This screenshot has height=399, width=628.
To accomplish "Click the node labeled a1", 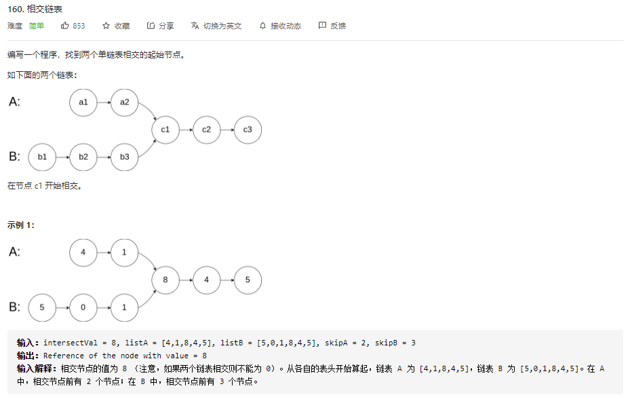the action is [83, 102].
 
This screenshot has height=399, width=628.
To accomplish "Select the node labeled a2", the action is [125, 102].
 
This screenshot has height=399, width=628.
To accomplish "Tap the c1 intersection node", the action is [165, 129].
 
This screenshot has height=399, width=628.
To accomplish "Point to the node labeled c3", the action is [248, 129].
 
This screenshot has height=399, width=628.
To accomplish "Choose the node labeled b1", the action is [42, 157].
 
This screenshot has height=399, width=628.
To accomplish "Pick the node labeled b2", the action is [83, 157].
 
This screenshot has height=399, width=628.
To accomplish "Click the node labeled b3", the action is [125, 157].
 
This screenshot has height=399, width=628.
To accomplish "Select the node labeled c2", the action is [207, 129].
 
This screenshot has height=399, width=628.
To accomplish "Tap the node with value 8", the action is [165, 280].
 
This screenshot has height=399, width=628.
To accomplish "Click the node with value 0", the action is [83, 307].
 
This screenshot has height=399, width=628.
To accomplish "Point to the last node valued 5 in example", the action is [248, 280].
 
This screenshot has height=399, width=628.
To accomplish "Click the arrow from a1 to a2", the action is [104, 102].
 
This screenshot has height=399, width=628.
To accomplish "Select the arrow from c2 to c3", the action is [227, 129].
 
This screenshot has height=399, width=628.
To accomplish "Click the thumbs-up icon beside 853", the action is [65, 26].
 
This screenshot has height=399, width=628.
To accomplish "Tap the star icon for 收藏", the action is [106, 26].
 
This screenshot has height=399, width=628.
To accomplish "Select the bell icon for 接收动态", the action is [263, 26].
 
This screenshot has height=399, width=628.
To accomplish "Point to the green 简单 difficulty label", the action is [37, 26].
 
